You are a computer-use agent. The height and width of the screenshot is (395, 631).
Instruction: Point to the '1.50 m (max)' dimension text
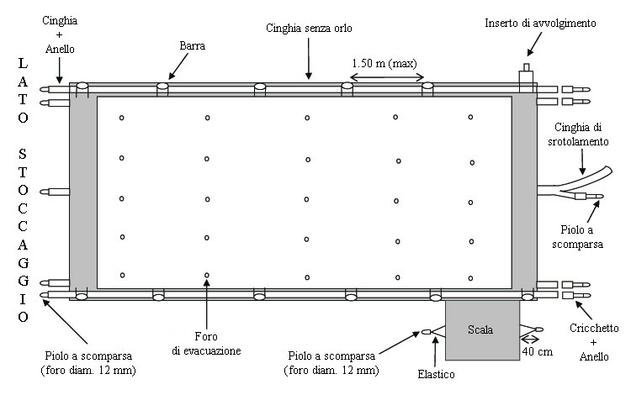pos(384,63)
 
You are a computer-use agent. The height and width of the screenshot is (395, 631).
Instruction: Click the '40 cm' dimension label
pos(538,351)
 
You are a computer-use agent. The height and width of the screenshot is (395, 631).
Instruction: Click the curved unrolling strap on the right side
pos(589,179)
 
